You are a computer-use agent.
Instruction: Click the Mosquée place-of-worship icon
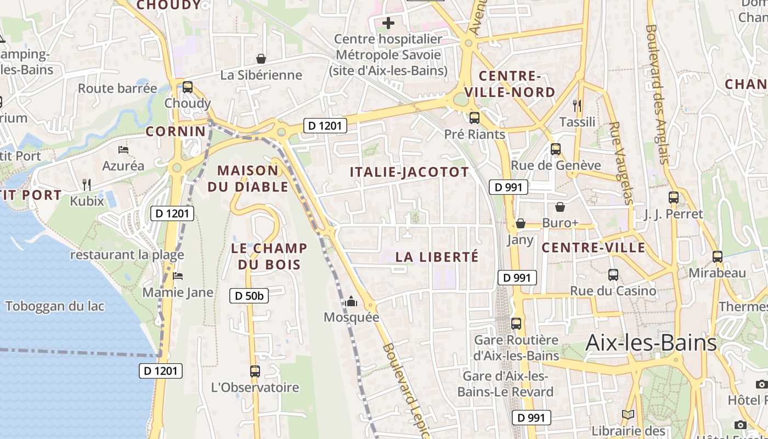coord(351,301)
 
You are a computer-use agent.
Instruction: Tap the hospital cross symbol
coord(388,23)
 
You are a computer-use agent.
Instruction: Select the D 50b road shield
coord(249,296)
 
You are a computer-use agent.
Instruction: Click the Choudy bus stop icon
coord(188,87)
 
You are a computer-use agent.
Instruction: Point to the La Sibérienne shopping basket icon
coord(261,59)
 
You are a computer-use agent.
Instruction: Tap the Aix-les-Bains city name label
coord(651,342)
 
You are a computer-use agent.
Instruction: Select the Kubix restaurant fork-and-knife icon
coord(87,184)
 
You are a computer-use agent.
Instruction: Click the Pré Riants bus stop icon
coord(475,117)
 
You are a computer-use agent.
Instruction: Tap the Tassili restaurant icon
coord(577,105)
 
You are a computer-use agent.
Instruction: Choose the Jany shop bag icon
coord(520,223)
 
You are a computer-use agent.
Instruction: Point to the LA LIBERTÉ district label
coord(437,257)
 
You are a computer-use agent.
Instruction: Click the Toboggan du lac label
coord(54,306)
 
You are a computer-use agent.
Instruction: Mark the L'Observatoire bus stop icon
coord(255,372)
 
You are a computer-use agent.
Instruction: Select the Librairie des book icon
coord(628,415)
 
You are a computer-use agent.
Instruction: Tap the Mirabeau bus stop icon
coord(717,256)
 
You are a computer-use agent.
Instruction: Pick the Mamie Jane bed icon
coord(178,276)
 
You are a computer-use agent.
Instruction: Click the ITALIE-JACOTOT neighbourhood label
coord(409,172)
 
